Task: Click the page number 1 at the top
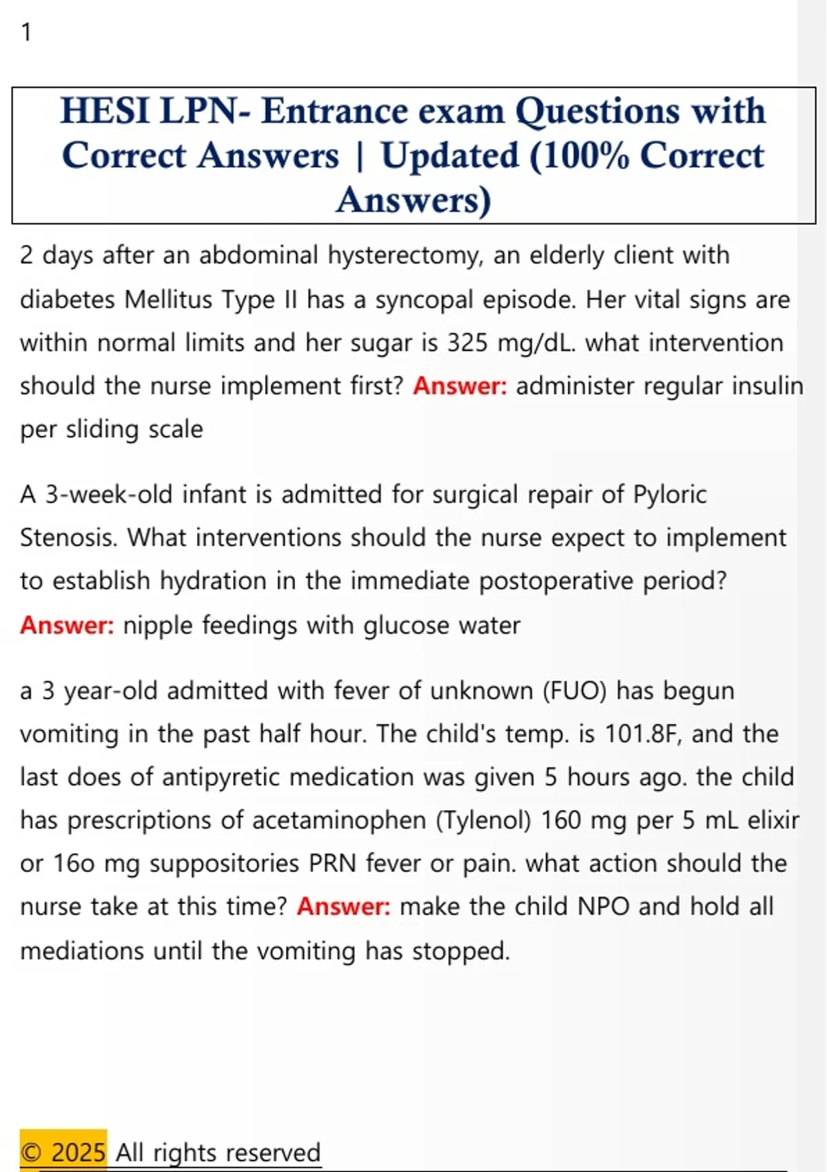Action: (26, 32)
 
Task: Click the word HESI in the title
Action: (104, 111)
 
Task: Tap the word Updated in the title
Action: (449, 156)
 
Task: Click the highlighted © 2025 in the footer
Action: (63, 1152)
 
